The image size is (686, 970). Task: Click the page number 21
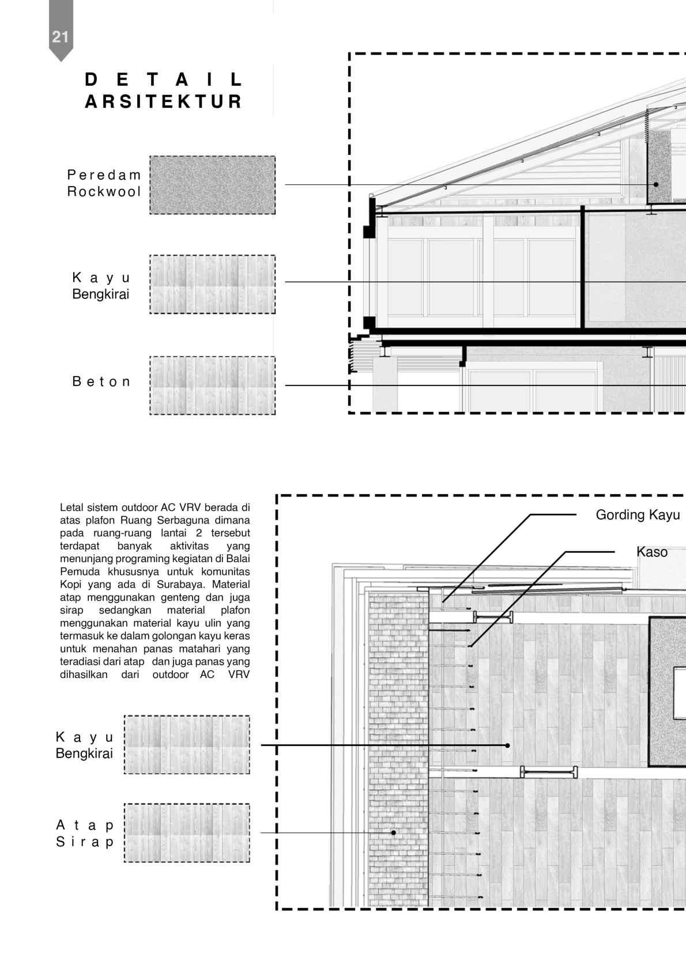click(60, 37)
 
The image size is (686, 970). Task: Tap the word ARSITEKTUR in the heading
click(164, 102)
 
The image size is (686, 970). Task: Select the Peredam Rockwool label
click(104, 183)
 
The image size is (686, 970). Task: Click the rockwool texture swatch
click(212, 185)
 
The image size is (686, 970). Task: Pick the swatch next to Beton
click(212, 385)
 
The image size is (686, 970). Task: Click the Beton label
click(101, 381)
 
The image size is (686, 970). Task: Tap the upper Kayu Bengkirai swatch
click(212, 285)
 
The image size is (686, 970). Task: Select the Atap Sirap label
click(85, 833)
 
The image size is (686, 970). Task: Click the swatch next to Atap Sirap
click(187, 833)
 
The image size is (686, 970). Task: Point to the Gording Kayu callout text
click(638, 515)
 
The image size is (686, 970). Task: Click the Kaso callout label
click(652, 552)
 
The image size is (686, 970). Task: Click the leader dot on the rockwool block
click(656, 184)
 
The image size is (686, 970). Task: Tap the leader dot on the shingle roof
click(394, 832)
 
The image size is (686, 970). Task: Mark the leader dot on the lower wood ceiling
click(507, 745)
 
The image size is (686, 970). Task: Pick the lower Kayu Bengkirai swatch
click(187, 745)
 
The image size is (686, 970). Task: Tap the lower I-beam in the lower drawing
click(549, 772)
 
